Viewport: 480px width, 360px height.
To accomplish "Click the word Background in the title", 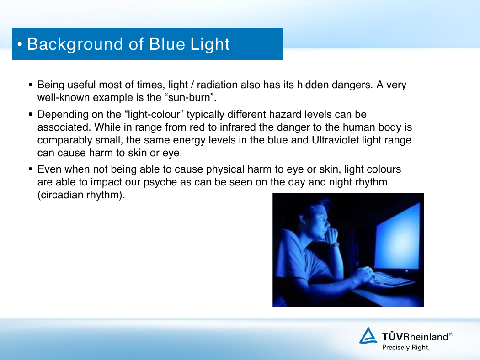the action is pos(75,45).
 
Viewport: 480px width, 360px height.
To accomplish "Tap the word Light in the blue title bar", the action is pos(210,45).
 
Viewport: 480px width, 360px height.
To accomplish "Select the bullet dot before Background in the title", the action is pos(20,45).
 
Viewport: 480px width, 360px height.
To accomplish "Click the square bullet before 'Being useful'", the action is pos(30,85).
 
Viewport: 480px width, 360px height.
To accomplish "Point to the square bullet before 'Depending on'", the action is pos(30,114).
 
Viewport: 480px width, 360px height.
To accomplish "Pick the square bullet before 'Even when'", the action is pos(30,169).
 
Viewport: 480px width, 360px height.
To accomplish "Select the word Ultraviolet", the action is pos(335,140).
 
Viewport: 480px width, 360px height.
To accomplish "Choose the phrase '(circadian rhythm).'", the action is pos(81,195).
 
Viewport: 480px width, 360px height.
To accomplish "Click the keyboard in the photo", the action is pos(388,279).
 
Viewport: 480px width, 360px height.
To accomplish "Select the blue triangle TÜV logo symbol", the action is pos(368,335).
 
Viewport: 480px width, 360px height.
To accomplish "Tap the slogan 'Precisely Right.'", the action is pos(405,348).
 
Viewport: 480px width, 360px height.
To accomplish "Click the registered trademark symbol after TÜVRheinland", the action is pos(451,334).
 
